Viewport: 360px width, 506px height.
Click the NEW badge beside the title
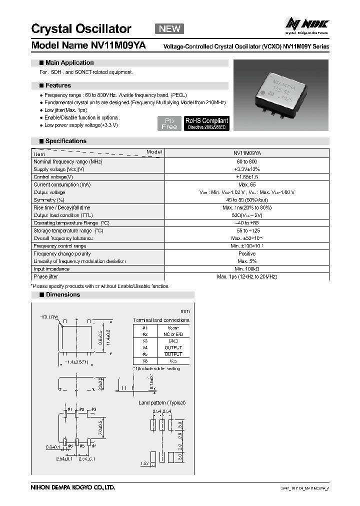coord(169,29)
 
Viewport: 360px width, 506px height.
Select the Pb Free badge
coord(169,123)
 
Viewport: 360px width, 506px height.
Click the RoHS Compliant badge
coord(206,123)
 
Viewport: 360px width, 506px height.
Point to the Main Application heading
coord(69,63)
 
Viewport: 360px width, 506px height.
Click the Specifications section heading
coord(65,141)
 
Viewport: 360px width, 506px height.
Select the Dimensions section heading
coord(62,295)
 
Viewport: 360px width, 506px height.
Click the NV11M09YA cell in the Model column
coord(246,154)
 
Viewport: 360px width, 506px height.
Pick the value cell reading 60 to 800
coord(246,162)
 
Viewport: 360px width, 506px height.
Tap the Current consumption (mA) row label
coord(62,185)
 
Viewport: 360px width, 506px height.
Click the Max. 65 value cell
coord(246,185)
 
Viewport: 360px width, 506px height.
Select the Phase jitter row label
coord(48,276)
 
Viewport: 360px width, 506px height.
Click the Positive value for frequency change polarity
coord(246,253)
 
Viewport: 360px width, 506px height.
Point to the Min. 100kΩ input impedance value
coord(246,269)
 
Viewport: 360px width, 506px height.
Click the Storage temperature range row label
coord(68,230)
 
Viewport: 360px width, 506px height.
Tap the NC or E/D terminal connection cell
coord(173,334)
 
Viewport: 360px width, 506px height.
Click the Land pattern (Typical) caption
coord(162,402)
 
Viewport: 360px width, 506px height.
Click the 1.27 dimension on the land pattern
coord(143,463)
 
